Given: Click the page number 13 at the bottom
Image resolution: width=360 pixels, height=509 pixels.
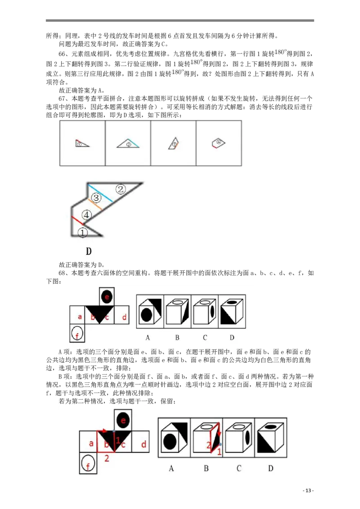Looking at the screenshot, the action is point(308,491).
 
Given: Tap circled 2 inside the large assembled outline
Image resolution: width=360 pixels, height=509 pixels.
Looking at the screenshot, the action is point(121,189).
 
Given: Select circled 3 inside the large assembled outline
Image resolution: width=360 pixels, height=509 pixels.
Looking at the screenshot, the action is point(96,198).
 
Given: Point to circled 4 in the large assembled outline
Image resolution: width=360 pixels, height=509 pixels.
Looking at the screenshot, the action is point(86,214).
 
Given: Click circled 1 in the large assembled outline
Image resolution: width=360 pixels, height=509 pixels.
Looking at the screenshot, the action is point(82,232).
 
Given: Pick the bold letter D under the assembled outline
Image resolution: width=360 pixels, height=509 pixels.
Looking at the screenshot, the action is point(89,251).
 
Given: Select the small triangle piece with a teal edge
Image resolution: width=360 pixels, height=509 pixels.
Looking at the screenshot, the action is point(128,143).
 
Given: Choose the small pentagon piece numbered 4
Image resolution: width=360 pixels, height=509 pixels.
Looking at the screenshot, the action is point(218,143).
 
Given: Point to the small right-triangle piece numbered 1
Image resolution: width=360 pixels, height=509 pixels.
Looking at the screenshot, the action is point(81,143).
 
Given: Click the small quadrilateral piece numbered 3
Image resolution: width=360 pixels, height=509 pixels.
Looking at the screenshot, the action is point(174,143).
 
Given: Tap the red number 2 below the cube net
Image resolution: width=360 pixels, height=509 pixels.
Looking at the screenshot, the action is point(107,458).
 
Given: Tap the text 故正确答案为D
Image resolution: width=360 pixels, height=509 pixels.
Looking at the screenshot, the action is point(81,265).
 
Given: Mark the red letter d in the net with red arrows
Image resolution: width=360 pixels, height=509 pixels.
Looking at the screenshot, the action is point(144,444).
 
